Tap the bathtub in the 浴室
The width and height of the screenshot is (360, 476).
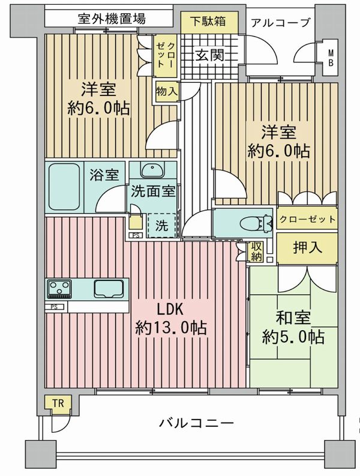coord(64,187)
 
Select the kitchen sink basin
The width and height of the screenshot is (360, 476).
coord(109,288)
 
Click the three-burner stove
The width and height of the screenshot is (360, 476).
coord(59,289)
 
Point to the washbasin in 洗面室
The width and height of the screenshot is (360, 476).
coord(152,170)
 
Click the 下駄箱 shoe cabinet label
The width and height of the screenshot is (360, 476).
coord(208,21)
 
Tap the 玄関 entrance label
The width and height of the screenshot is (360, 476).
coord(209,55)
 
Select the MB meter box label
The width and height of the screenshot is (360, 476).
coord(331,58)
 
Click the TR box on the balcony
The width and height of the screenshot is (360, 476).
coord(58,403)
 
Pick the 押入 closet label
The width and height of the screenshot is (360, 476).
coord(307,247)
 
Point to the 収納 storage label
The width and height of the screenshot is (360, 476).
coord(256,252)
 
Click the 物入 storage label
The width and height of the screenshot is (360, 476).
coord(166,91)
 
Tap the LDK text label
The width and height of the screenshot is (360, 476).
coord(170,309)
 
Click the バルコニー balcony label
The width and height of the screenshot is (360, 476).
coord(196,423)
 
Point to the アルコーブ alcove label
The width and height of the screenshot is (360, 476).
coord(280,23)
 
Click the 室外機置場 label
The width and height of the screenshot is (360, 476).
coord(112,19)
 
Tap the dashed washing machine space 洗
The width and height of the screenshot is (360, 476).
coord(162,226)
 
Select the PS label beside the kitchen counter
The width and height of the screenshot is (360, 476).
coord(54,307)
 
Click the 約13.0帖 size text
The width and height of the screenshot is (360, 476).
coord(171,328)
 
